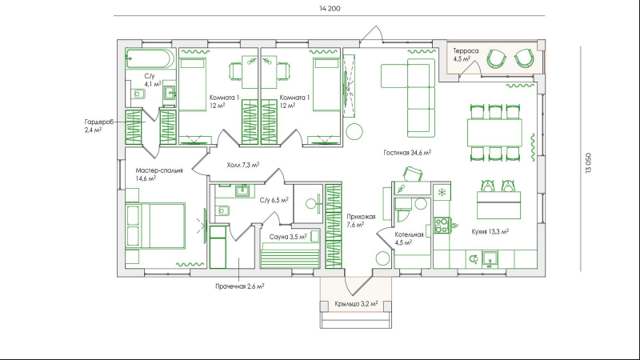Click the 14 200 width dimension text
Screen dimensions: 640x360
pyautogui.click(x=330, y=9)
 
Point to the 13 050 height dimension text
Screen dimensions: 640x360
pyautogui.click(x=588, y=163)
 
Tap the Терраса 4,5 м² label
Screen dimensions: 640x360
pyautogui.click(x=466, y=54)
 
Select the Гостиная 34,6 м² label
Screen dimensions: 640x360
pyautogui.click(x=407, y=153)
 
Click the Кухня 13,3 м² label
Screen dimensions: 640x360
pyautogui.click(x=490, y=231)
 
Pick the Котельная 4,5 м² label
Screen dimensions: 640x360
pyautogui.click(x=409, y=238)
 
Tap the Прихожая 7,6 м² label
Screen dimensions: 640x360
pyautogui.click(x=362, y=221)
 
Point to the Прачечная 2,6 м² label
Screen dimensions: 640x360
pyautogui.click(x=239, y=286)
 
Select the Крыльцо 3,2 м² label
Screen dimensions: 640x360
pyautogui.click(x=356, y=304)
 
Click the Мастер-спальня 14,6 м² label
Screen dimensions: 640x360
pyautogui.click(x=159, y=174)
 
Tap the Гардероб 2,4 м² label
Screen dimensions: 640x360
pyautogui.click(x=99, y=126)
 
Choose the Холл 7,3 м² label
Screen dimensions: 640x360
pyautogui.click(x=243, y=165)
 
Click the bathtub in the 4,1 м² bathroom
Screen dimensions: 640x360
pyautogui.click(x=150, y=58)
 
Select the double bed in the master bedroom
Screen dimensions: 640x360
pyautogui.click(x=155, y=226)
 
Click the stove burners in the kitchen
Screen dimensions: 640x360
pyautogui.click(x=442, y=226)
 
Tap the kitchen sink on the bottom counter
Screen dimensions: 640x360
pyautogui.click(x=490, y=258)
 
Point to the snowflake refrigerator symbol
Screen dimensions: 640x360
pyautogui.click(x=442, y=192)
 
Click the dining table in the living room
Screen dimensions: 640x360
pyautogui.click(x=494, y=132)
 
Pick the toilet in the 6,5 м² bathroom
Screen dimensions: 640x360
pyautogui.click(x=222, y=210)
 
